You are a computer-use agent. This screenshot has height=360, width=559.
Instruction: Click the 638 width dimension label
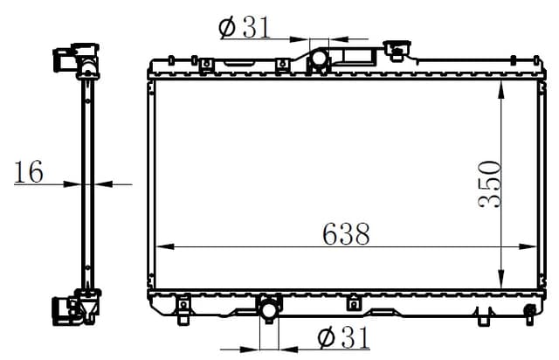pyautogui.click(x=346, y=233)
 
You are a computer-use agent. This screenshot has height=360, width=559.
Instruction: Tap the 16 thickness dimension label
pyautogui.click(x=28, y=172)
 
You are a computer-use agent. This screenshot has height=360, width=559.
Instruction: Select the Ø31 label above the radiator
pyautogui.click(x=244, y=28)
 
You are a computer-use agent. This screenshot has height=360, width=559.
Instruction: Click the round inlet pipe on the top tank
pyautogui.click(x=318, y=59)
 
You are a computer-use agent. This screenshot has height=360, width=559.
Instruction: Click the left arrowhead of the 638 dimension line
pyautogui.click(x=161, y=247)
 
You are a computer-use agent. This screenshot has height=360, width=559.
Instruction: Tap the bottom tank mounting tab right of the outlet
pyautogui.click(x=353, y=304)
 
